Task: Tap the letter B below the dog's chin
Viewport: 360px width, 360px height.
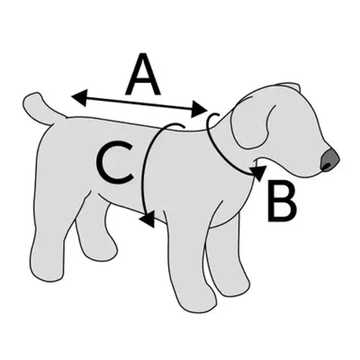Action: [281, 203]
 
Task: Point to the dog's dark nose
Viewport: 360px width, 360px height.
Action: [329, 159]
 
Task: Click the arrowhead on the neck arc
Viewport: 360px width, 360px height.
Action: [259, 173]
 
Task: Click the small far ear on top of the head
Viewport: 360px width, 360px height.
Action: [291, 88]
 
